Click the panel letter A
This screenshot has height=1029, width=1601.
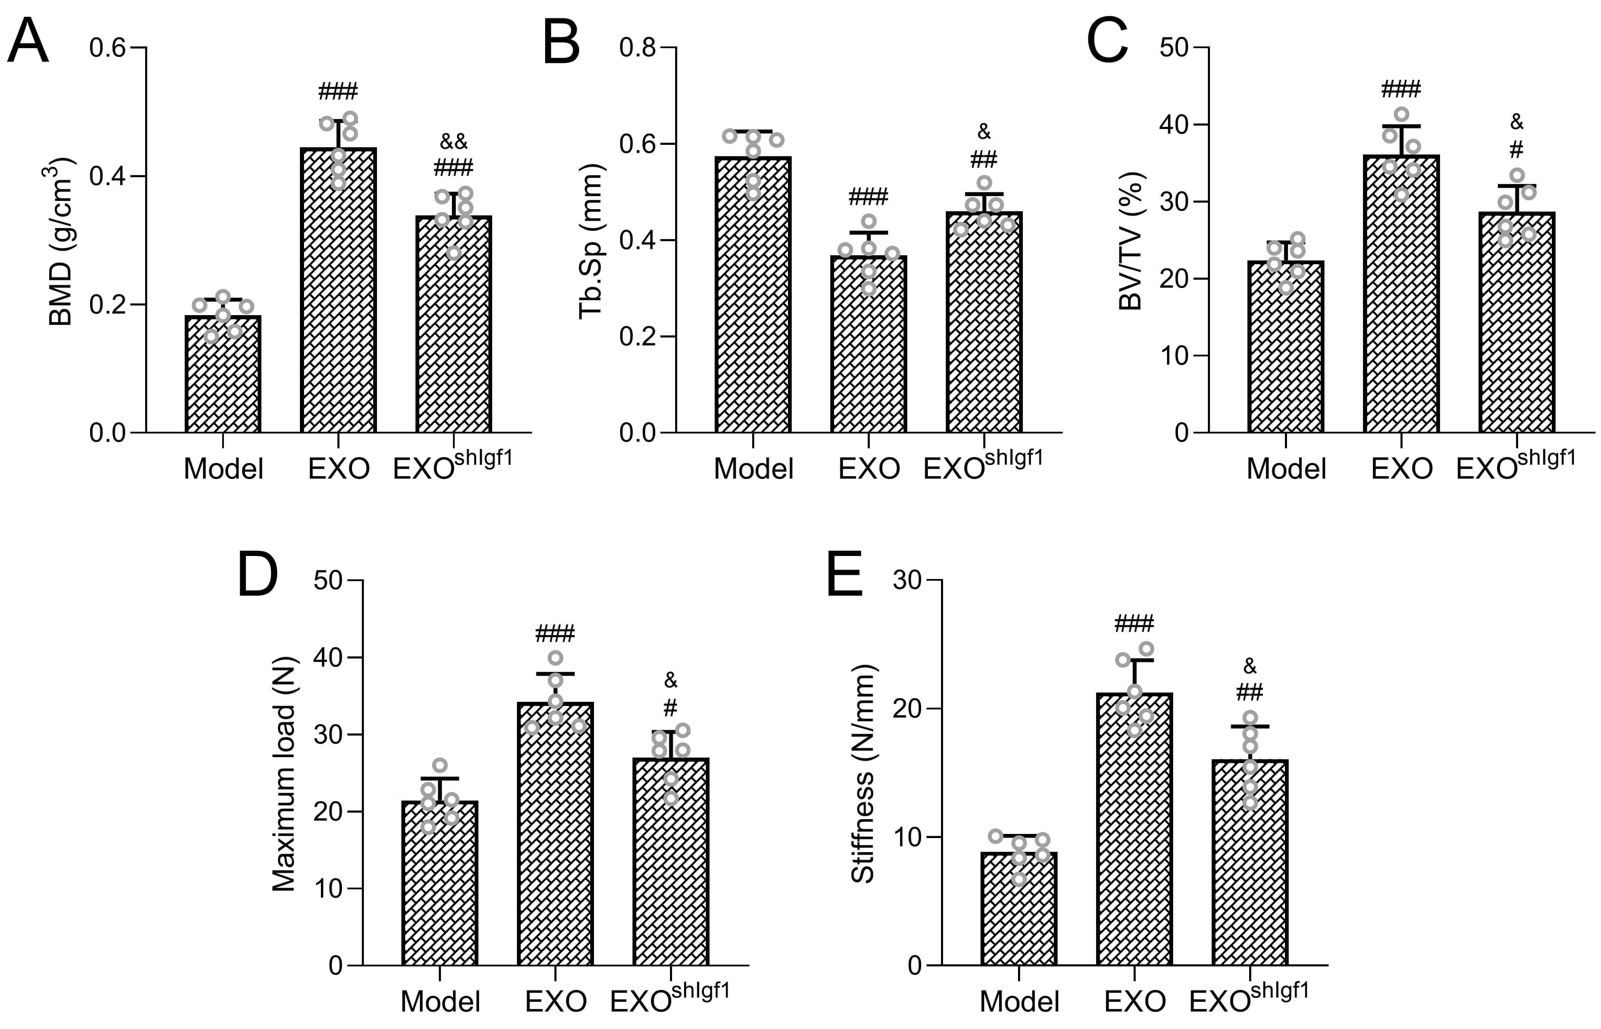28,41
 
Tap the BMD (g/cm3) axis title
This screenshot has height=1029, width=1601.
62,242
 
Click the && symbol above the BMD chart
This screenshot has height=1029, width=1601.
454,142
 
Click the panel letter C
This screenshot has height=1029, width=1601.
1107,41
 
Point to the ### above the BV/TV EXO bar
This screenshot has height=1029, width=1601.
1400,89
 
